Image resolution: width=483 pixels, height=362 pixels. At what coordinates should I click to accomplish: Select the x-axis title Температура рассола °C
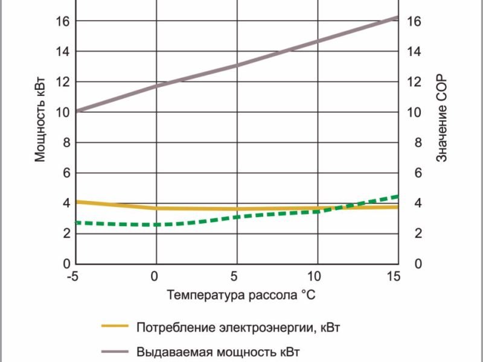point(241,295)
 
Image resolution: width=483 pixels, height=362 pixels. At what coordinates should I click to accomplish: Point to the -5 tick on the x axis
point(73,276)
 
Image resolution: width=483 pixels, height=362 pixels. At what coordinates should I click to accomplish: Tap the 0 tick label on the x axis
point(155,276)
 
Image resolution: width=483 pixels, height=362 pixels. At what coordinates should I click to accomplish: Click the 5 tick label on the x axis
point(236,276)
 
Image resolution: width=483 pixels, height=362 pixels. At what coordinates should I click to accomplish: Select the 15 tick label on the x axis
point(394,276)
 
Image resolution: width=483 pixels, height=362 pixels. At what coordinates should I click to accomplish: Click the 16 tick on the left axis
point(63,21)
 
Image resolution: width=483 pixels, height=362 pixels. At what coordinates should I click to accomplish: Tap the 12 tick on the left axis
point(63,82)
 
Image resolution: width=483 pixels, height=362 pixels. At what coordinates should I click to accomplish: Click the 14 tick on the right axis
point(414,51)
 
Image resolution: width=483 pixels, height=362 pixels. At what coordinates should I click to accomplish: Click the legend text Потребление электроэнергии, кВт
point(243,328)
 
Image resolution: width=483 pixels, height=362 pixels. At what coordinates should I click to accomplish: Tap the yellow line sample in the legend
point(115,326)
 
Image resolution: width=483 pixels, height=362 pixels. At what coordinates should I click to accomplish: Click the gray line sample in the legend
point(115,351)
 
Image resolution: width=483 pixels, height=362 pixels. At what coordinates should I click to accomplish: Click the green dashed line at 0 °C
point(156,224)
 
